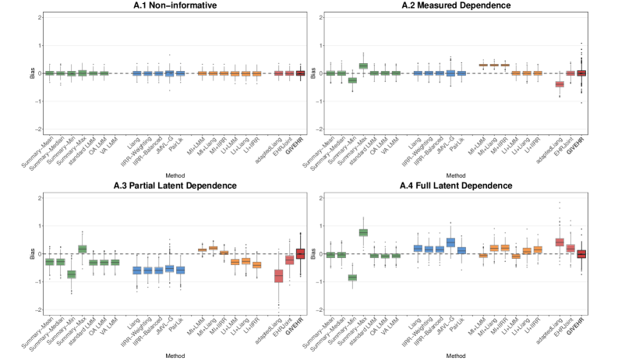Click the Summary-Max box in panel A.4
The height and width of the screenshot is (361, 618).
coord(363,232)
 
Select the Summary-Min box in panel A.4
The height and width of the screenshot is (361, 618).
coord(352,277)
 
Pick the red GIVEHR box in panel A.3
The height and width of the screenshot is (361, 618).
coord(301,253)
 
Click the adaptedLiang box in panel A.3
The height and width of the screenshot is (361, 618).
coord(278,276)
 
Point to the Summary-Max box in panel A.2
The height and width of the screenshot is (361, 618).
coord(363,65)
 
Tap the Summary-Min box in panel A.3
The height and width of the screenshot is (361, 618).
coord(71,274)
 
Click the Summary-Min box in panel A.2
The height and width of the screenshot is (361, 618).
coord(352,80)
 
